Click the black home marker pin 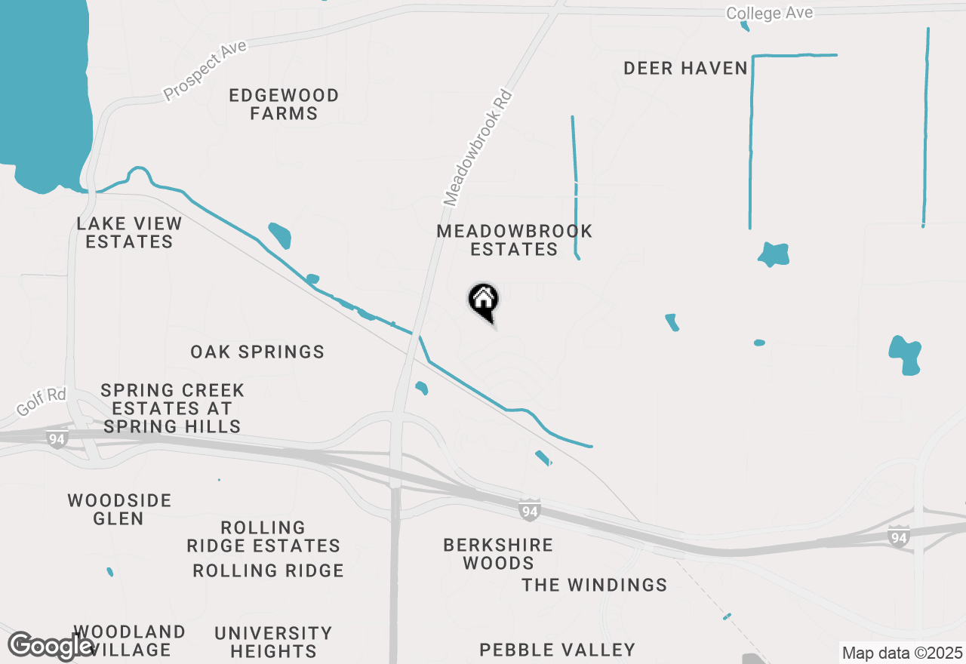[x=483, y=301]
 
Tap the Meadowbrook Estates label [x=515, y=240]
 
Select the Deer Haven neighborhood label [x=685, y=69]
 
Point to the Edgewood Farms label [x=284, y=105]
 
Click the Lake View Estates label [x=130, y=232]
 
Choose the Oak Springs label [x=257, y=352]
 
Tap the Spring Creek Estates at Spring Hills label [x=172, y=408]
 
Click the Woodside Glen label [x=119, y=509]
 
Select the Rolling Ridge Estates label [x=263, y=536]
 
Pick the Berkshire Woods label [x=498, y=554]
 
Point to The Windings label [x=595, y=585]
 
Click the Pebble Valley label [x=557, y=650]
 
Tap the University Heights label [x=273, y=641]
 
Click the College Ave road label [x=770, y=13]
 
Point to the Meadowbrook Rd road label [x=478, y=149]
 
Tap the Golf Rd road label [x=41, y=401]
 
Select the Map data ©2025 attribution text [x=903, y=653]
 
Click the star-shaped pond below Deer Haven [x=774, y=254]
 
